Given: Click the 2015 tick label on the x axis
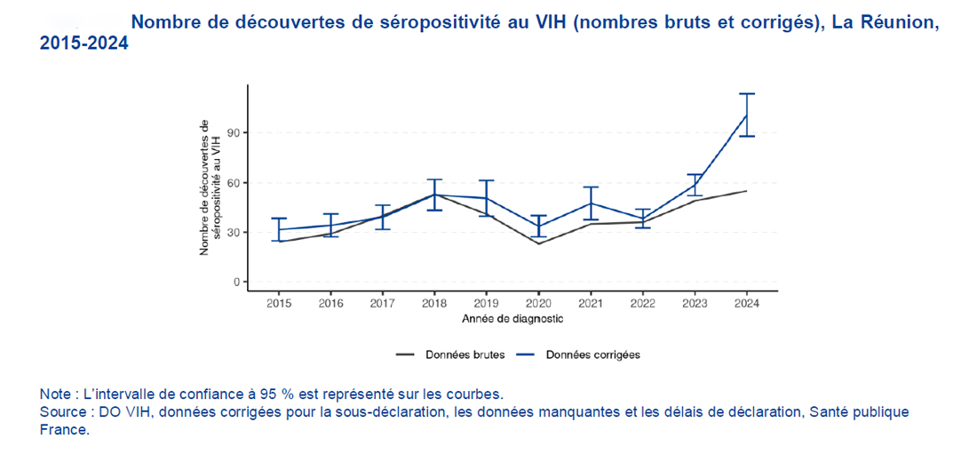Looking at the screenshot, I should point(279,302).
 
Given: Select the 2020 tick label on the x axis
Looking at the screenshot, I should point(539,302).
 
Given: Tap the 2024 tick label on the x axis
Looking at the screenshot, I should point(747,302).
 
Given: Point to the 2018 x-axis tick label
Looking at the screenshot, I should point(435,302).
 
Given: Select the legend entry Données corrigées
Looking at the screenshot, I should point(592,354).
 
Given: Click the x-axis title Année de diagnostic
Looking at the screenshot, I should point(512,317).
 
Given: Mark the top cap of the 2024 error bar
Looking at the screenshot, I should point(747,93).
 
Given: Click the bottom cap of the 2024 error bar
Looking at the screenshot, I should point(747,136).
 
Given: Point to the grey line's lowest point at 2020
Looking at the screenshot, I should point(539,243).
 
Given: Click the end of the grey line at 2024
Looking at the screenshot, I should point(747,191).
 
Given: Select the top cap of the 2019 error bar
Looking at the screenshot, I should point(487,180).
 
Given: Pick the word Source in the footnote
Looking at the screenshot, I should point(63,412).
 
